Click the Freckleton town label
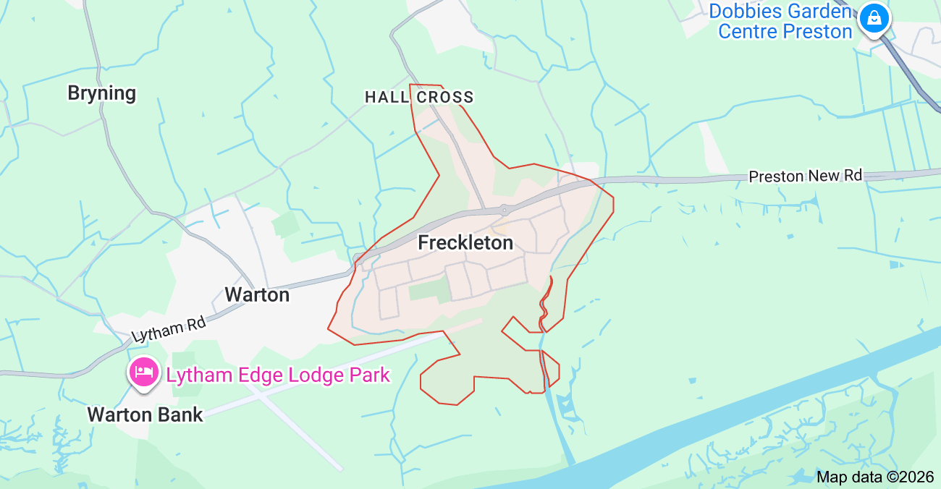(465, 243)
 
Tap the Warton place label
(257, 295)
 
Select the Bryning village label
(101, 93)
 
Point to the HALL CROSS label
(419, 97)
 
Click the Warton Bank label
(145, 414)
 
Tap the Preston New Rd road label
(806, 176)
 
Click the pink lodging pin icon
(143, 372)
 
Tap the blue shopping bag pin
(874, 19)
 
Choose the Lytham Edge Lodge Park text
(278, 375)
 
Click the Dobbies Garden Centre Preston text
(782, 22)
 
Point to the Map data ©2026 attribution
(875, 477)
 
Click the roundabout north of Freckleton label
(505, 210)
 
